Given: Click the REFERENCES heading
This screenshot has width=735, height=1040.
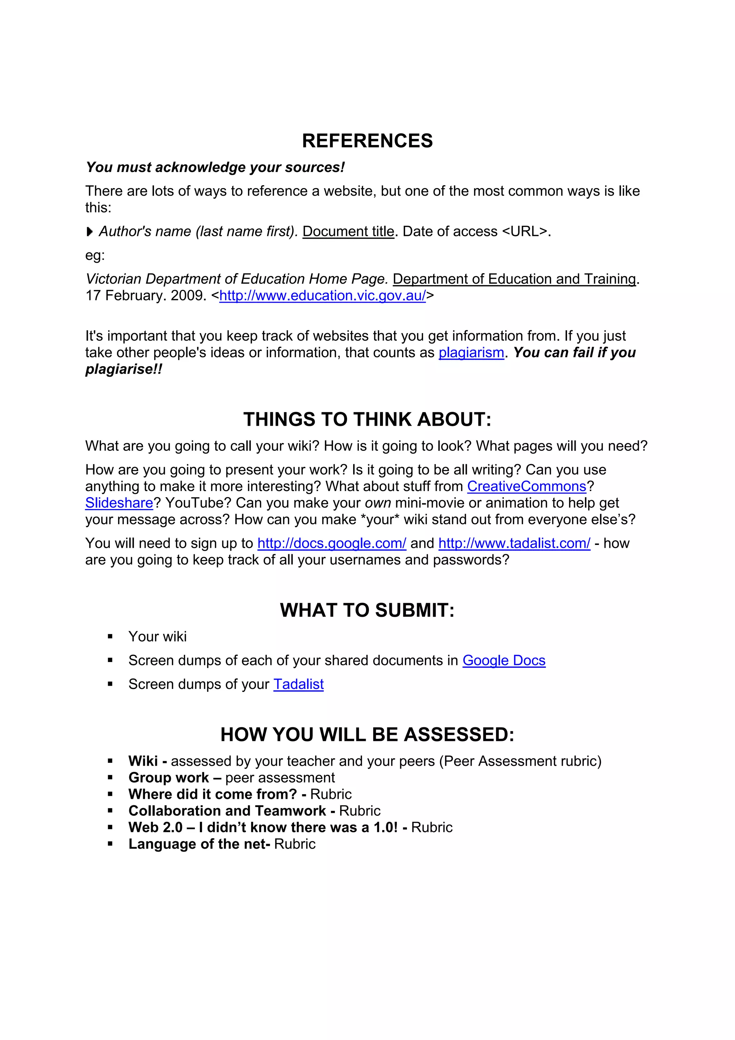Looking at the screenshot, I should click(367, 141).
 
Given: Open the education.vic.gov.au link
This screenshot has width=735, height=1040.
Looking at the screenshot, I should click(322, 296).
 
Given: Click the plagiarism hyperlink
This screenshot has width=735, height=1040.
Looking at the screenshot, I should click(471, 353).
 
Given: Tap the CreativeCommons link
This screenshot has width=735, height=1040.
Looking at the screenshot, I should click(527, 486).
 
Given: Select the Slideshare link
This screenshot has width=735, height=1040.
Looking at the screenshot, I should click(119, 503).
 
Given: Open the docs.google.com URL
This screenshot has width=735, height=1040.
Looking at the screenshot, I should click(332, 544).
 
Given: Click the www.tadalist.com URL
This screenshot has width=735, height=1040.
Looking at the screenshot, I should click(514, 544).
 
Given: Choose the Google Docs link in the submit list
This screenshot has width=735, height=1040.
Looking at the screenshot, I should click(504, 661).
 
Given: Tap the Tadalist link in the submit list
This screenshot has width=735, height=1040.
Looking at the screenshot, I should click(299, 685).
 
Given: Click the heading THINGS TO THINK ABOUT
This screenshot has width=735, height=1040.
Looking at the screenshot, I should click(367, 419).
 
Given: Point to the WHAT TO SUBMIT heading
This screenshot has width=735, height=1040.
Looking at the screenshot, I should click(367, 611).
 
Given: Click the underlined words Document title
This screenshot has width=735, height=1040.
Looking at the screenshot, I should click(348, 232).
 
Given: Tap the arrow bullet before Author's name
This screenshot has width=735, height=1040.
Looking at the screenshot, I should click(90, 232).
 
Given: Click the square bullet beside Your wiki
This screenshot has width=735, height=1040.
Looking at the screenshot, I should click(110, 637).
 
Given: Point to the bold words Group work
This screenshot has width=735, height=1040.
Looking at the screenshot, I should click(168, 778).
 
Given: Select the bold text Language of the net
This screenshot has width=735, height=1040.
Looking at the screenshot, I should click(199, 844).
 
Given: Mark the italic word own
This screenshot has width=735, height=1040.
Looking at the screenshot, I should click(378, 503).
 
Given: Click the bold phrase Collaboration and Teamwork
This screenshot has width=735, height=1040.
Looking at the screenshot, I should click(227, 811).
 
